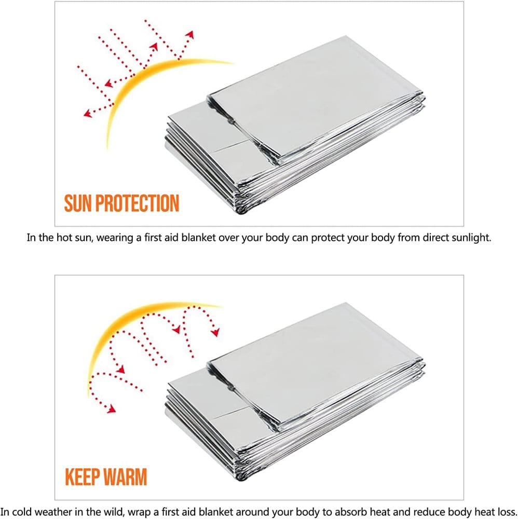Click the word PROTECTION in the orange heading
138,203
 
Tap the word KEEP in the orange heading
83,476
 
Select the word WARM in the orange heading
126,476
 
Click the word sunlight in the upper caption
471,238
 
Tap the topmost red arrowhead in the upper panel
189,34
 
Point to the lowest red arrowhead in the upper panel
87,114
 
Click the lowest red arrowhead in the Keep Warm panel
112,409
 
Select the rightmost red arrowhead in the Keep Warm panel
215,332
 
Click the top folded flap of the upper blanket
315,96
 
